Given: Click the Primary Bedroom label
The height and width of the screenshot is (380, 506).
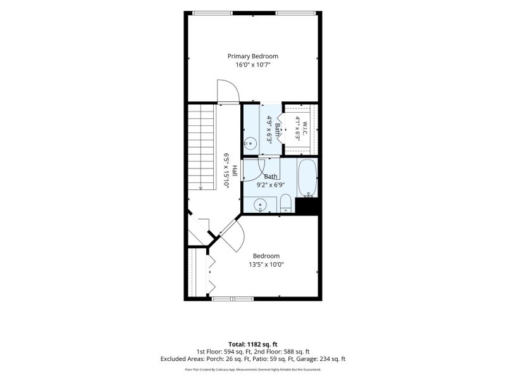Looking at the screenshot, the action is click(x=252, y=56).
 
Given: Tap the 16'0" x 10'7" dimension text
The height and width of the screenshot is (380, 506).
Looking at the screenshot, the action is click(x=252, y=65).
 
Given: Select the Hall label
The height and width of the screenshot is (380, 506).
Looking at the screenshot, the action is click(x=235, y=170).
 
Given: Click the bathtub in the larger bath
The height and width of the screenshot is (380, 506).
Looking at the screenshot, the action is click(x=307, y=178).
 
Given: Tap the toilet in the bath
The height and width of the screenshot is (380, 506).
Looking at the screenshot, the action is click(x=286, y=203).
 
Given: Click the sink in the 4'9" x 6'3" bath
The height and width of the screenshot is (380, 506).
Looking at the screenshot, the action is click(x=250, y=142).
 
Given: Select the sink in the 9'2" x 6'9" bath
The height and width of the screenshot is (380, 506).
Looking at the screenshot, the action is click(x=260, y=205).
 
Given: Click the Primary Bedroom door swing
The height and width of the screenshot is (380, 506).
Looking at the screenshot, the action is click(x=228, y=92).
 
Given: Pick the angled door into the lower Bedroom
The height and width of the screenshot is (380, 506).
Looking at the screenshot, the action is click(x=233, y=235).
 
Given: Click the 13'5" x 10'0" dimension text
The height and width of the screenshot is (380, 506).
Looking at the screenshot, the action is click(x=266, y=265).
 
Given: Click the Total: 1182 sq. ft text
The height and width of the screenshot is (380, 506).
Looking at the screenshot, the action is click(x=252, y=345).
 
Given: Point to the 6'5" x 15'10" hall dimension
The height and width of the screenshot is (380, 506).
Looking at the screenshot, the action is click(x=227, y=170).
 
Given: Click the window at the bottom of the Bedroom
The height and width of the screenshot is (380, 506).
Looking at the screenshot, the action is click(x=233, y=298).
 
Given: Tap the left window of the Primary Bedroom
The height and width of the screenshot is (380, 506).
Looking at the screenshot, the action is click(x=213, y=13).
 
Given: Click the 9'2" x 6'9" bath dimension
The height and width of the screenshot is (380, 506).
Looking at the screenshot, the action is click(x=271, y=185).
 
